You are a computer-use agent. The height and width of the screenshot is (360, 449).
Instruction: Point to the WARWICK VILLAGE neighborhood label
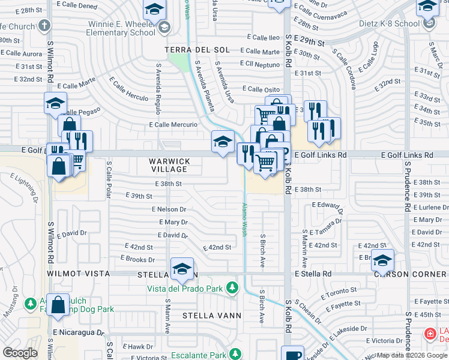(170, 166)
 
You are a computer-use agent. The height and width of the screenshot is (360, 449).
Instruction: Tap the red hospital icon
(430, 334)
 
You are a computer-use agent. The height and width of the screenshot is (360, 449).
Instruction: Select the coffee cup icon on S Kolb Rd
(292, 355)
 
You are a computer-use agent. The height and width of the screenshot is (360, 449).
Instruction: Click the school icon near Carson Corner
(382, 260)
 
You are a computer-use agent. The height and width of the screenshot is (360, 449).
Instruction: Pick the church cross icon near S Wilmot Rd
(43, 26)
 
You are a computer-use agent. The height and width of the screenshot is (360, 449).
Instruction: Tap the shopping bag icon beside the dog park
(58, 304)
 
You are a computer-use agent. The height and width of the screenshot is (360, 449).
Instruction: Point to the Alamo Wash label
(244, 220)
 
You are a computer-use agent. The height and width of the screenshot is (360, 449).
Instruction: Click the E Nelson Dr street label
(169, 209)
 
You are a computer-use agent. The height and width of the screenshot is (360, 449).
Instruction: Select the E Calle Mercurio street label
(173, 125)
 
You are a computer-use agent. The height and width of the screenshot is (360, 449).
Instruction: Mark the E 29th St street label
(313, 43)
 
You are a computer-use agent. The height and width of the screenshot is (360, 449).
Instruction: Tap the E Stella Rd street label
(313, 274)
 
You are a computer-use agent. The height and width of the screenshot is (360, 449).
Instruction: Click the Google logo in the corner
(20, 353)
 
